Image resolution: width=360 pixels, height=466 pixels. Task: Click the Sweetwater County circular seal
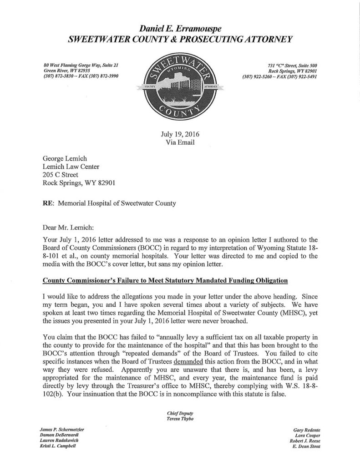point(181,88)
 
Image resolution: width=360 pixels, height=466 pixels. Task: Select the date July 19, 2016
point(180,134)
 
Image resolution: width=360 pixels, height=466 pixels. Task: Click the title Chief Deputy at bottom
point(180,412)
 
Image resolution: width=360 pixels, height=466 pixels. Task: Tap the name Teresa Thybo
point(180,418)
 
